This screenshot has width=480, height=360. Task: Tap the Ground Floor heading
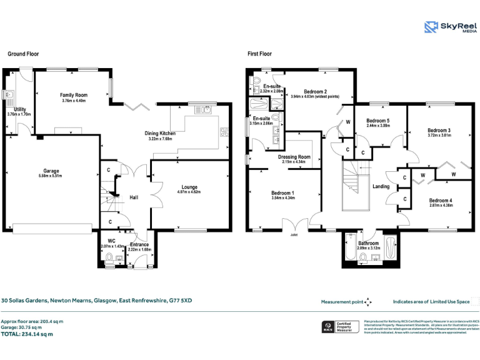tap(23, 54)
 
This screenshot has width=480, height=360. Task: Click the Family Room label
tap(74, 95)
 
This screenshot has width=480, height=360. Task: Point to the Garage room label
tap(51, 171)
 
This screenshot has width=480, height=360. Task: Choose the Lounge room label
tap(189, 187)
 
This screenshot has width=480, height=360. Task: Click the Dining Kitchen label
tap(160, 133)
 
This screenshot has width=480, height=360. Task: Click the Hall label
tap(134, 197)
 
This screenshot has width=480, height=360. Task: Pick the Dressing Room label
tap(294, 157)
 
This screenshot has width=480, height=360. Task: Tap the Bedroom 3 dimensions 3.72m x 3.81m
tap(439, 135)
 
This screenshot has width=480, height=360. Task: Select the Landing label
tap(381, 186)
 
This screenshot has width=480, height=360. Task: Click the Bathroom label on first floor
tap(368, 242)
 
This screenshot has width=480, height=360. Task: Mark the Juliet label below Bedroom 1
tap(294, 235)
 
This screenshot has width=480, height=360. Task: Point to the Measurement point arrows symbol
tap(368, 302)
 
